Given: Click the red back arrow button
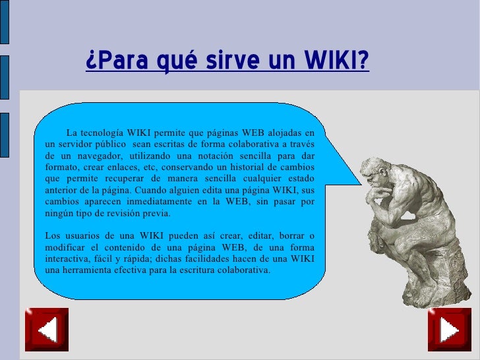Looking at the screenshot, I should pyautogui.click(x=47, y=330).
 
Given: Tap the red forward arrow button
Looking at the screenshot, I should pyautogui.click(x=449, y=330).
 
